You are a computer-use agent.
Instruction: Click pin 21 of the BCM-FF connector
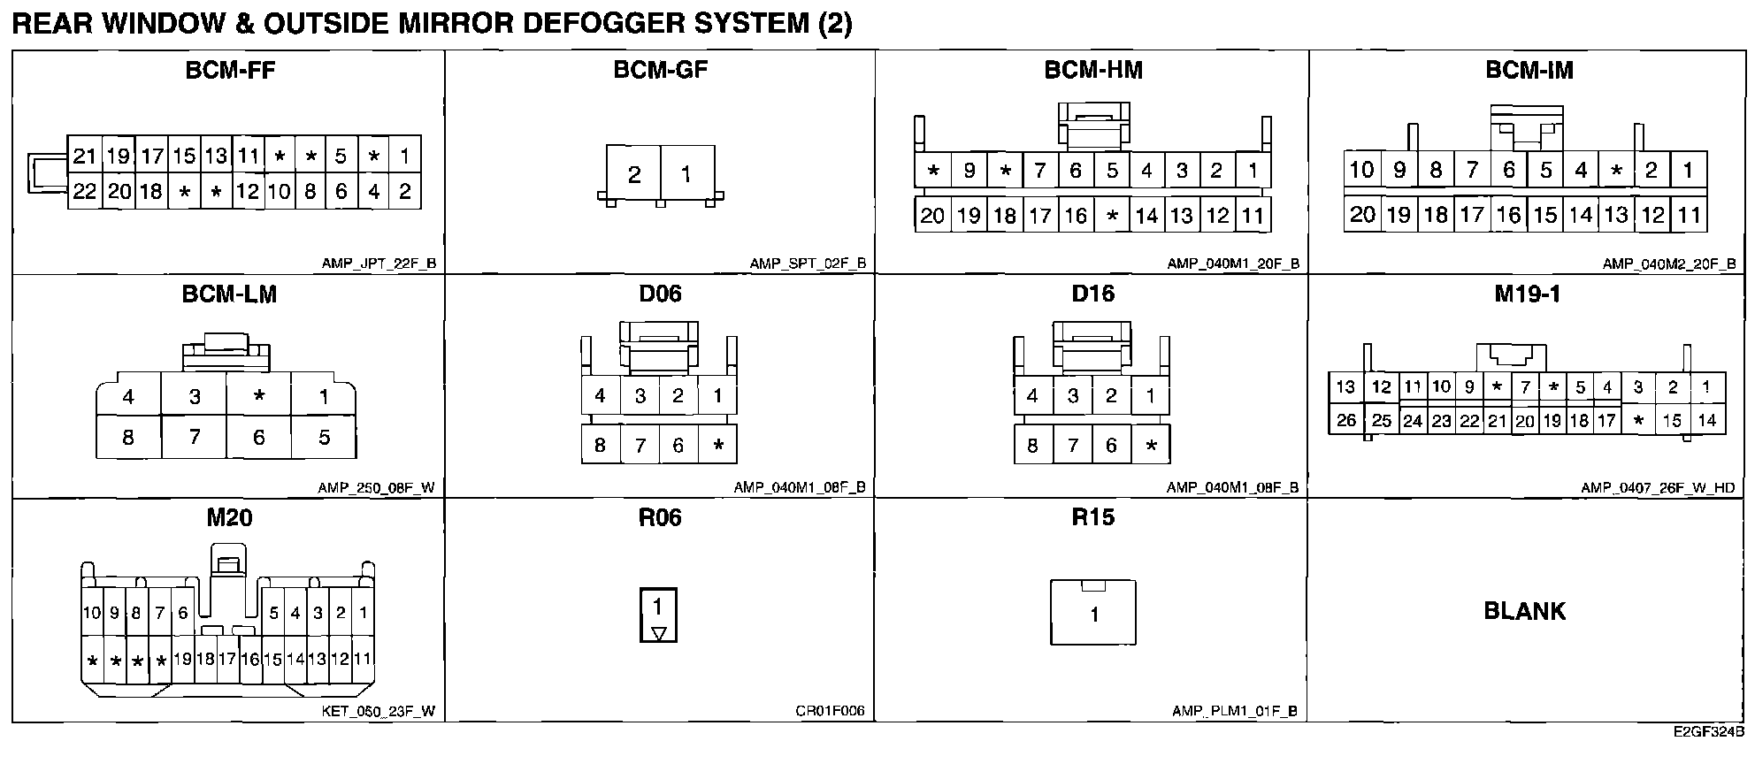[x=84, y=157]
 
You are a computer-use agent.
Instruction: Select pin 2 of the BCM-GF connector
[x=634, y=174]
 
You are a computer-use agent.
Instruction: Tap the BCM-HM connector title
[x=1093, y=71]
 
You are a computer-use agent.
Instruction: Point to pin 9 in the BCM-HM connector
[x=969, y=170]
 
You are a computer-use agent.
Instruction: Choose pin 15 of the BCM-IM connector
[x=1544, y=215]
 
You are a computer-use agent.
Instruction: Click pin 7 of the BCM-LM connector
[x=195, y=437]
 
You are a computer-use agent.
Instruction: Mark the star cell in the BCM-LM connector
[x=259, y=396]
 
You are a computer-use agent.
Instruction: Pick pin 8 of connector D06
[x=600, y=445]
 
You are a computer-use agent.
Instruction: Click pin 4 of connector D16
[x=1032, y=395]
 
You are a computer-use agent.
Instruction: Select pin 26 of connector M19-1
[x=1346, y=420]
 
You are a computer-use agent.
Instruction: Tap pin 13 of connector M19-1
[x=1345, y=386]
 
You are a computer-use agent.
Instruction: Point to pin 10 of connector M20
[x=92, y=613]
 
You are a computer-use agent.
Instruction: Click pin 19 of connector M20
[x=183, y=659]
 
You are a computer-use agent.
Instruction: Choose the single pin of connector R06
[x=657, y=607]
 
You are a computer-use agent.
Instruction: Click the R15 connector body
[x=1093, y=614]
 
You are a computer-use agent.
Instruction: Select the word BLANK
[x=1524, y=611]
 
